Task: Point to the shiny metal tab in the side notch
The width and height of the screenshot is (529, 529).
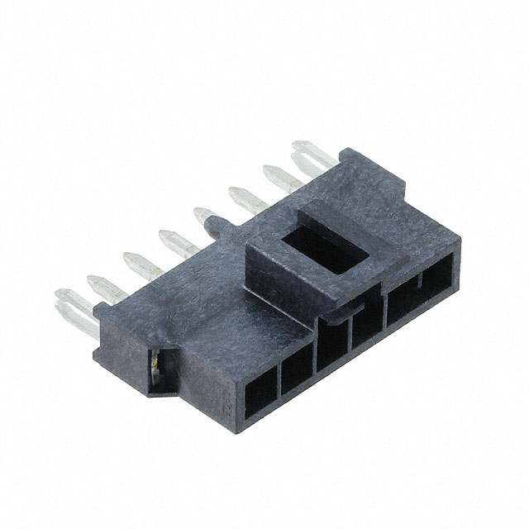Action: coord(155,360)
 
